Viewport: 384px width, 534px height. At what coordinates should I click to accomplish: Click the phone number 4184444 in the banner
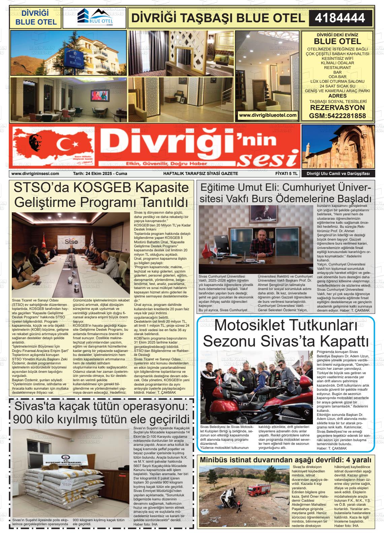(340, 18)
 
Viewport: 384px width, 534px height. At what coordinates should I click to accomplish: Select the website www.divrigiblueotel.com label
(268, 115)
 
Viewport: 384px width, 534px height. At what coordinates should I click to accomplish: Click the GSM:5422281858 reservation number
(337, 116)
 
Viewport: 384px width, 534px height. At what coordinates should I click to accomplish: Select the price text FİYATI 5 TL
(286, 174)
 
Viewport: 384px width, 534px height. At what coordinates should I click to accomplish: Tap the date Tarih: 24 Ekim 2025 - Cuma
(100, 174)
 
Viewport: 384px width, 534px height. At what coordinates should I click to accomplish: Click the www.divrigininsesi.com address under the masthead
(35, 174)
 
